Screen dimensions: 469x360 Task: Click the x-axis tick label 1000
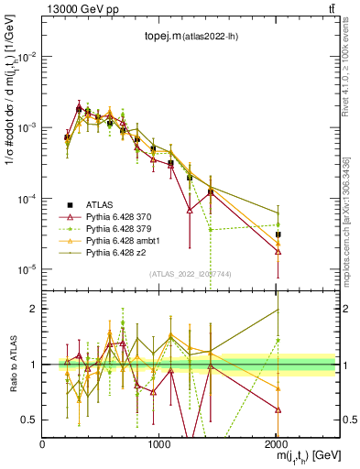[x=159, y=444]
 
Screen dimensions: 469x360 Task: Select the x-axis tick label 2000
[x=276, y=444]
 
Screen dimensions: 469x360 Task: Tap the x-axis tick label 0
[x=43, y=444]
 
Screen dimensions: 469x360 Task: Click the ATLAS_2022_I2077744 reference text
[x=191, y=274]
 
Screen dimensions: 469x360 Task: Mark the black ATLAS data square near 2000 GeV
[x=278, y=234]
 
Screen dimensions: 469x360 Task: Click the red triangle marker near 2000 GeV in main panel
[x=278, y=251]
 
